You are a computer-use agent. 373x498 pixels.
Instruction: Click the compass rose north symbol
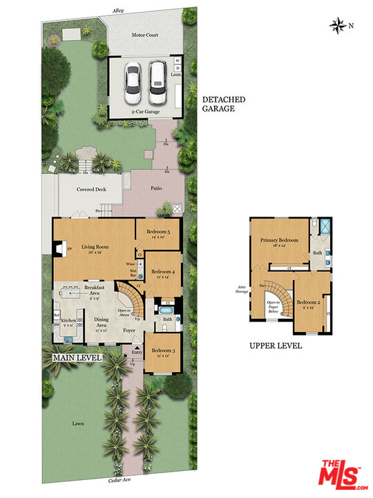coord(338,26)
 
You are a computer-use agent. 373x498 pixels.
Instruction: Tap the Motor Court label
coord(146,35)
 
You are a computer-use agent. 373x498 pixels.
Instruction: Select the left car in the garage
coord(133,80)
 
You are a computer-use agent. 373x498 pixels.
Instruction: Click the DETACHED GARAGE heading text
coord(223,104)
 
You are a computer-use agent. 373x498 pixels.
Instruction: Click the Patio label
coord(157,187)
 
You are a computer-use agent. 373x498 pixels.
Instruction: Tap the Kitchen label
coord(69,323)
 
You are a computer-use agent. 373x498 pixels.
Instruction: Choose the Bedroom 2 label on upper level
coord(308,304)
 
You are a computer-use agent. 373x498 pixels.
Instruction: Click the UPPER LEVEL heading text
coord(276,345)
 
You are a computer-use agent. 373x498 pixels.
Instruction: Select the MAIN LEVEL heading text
coord(77,358)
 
